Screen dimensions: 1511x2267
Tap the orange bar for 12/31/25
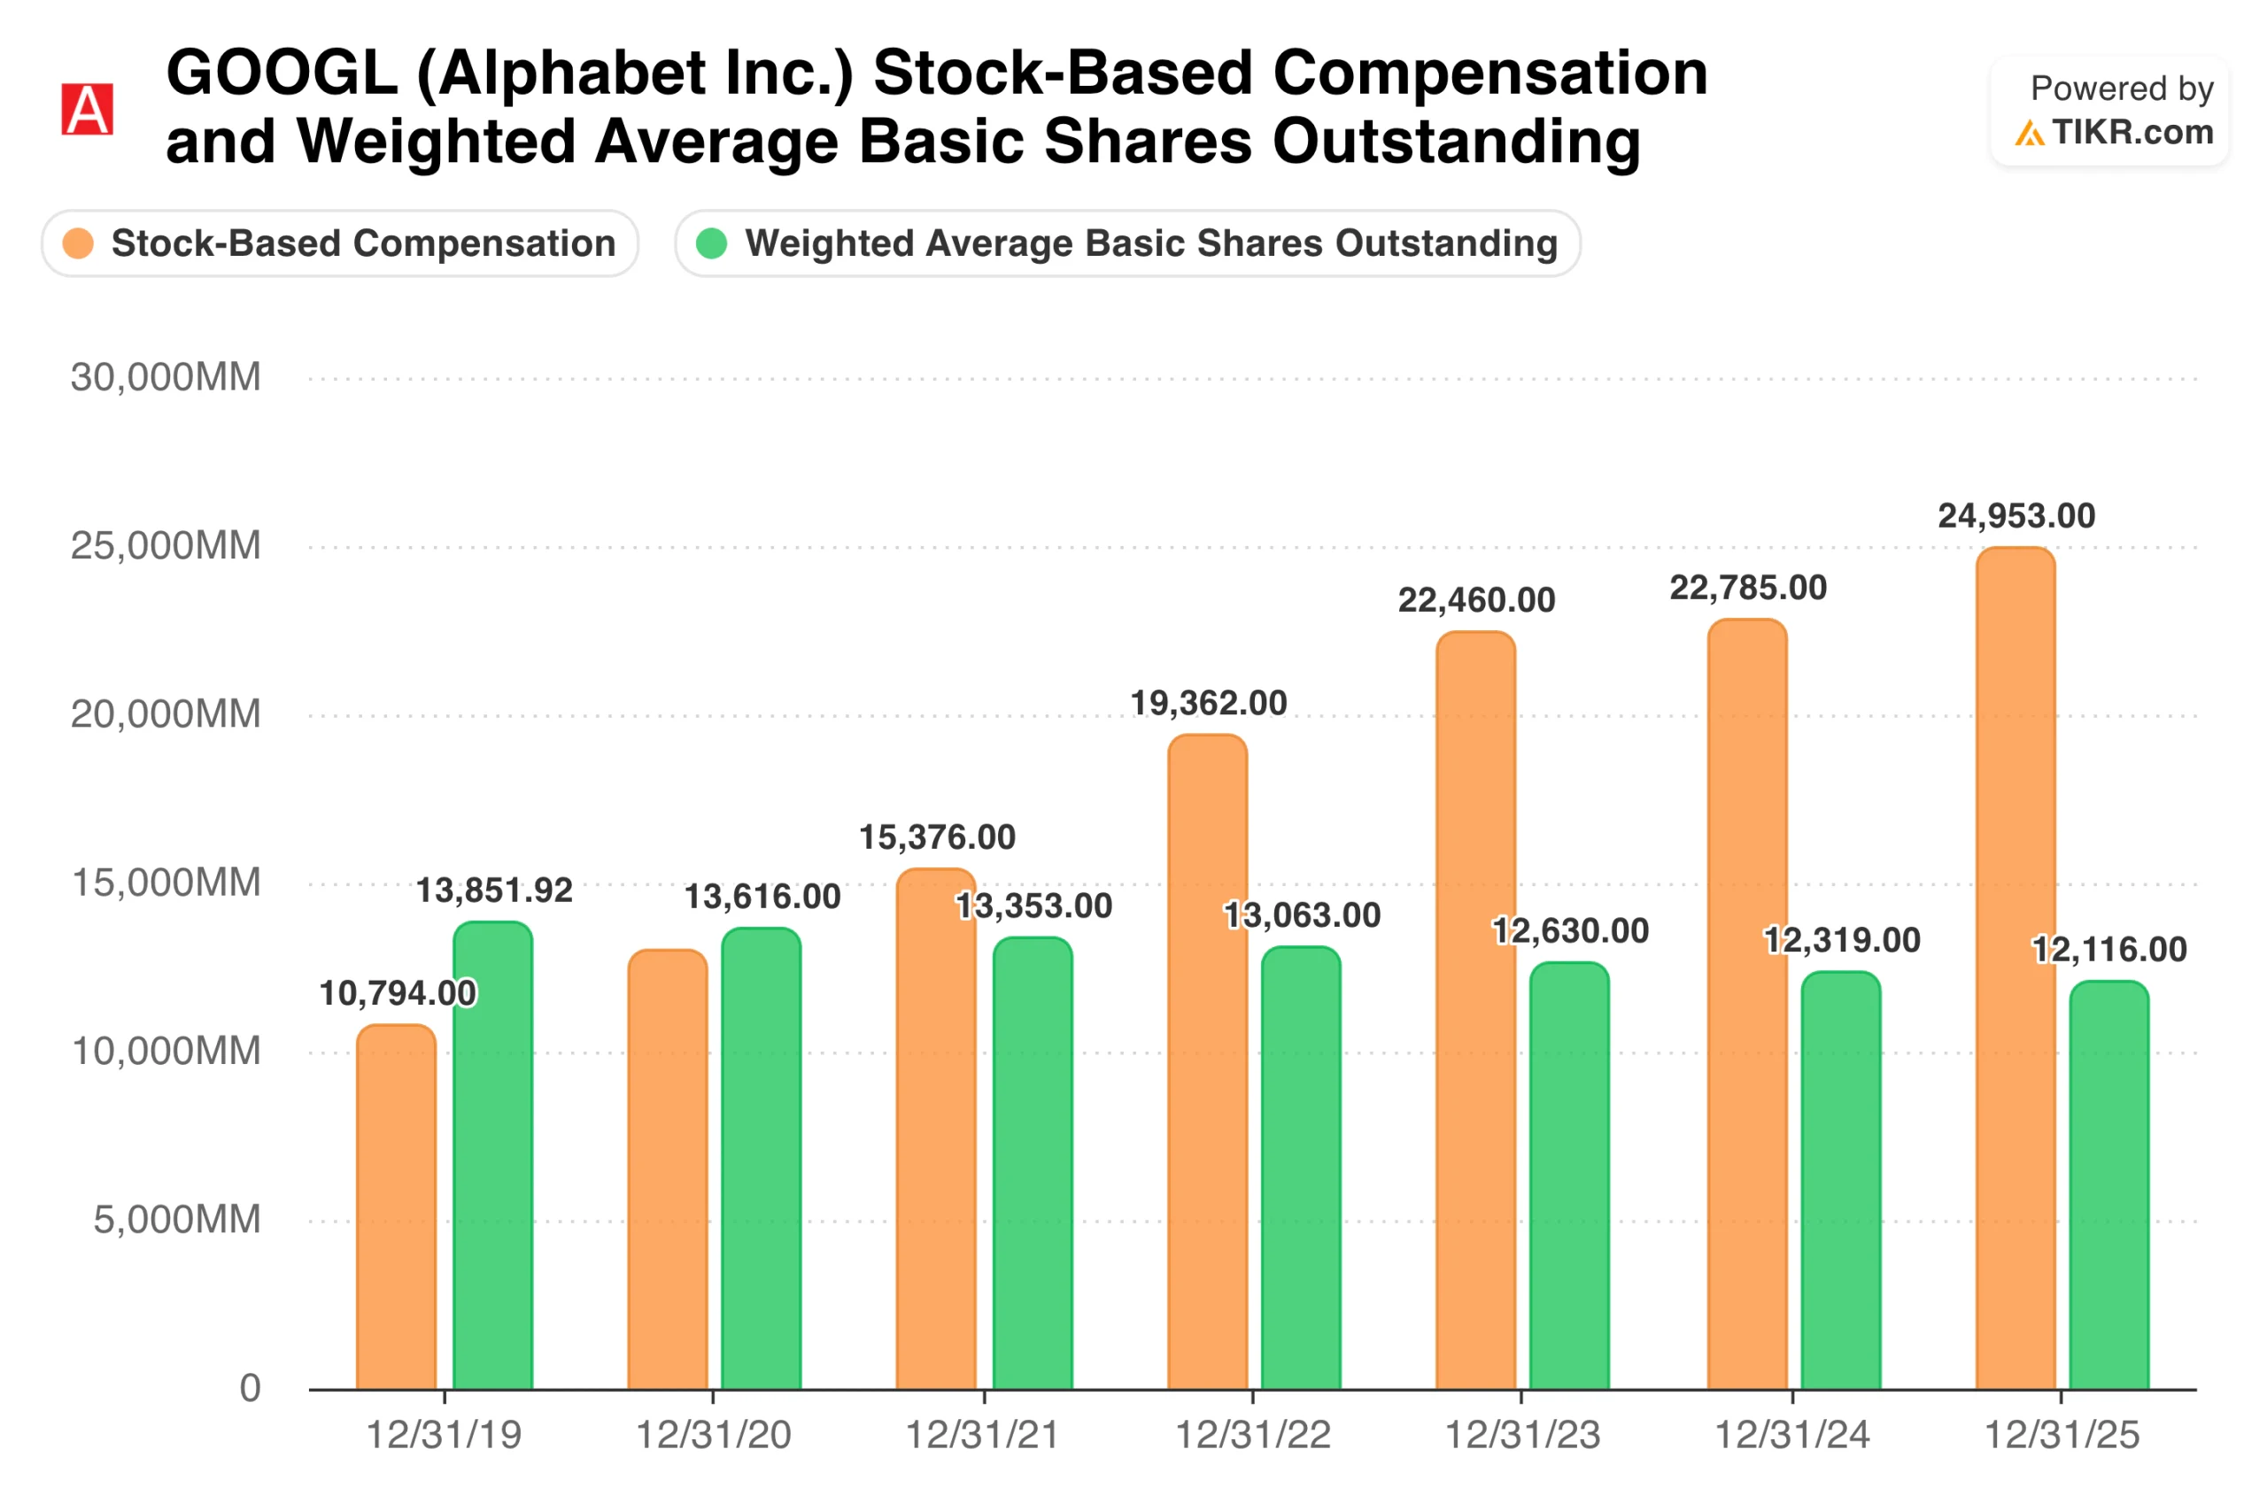point(2016,968)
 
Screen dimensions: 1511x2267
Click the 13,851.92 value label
point(493,890)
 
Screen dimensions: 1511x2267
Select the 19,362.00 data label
point(1208,703)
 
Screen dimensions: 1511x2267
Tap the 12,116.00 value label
point(2108,949)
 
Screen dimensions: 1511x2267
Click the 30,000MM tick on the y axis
point(165,377)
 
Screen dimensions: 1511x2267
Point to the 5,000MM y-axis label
point(176,1219)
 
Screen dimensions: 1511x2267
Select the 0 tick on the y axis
point(250,1388)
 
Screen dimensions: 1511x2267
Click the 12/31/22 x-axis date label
point(1252,1435)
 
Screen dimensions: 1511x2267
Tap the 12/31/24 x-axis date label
point(1791,1435)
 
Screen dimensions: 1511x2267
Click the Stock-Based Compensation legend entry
point(340,243)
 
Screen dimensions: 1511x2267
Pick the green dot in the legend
point(711,243)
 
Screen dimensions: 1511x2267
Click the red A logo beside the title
point(87,109)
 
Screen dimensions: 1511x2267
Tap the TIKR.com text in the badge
point(2132,132)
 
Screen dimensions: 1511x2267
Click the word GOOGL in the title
point(282,73)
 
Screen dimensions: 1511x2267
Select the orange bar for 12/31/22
point(1207,1061)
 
